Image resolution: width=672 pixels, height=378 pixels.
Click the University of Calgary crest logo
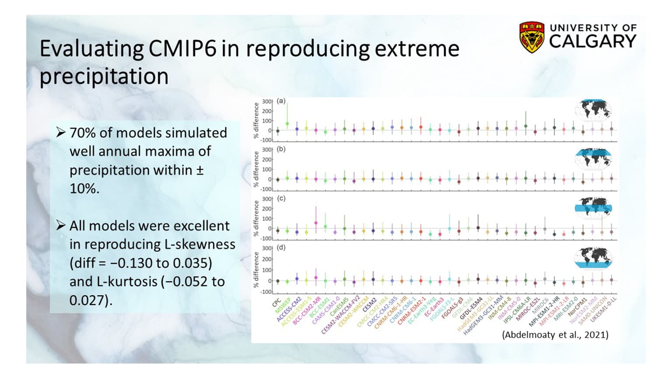[532, 37]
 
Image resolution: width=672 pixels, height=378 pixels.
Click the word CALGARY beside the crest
[592, 41]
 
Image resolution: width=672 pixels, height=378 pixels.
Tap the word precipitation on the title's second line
[104, 77]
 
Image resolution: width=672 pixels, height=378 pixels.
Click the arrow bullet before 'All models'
[60, 225]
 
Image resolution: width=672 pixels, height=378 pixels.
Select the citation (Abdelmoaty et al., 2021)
[555, 335]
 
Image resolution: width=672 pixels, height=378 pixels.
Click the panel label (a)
[281, 101]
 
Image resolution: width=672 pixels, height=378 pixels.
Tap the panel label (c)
[281, 198]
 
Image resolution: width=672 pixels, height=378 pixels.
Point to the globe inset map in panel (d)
[593, 258]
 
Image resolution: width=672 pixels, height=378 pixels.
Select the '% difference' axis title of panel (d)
[256, 270]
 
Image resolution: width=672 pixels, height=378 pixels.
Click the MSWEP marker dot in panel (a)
[287, 124]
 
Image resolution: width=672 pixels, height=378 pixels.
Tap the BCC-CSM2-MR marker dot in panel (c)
[316, 223]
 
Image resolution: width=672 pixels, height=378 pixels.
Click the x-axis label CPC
[276, 303]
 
